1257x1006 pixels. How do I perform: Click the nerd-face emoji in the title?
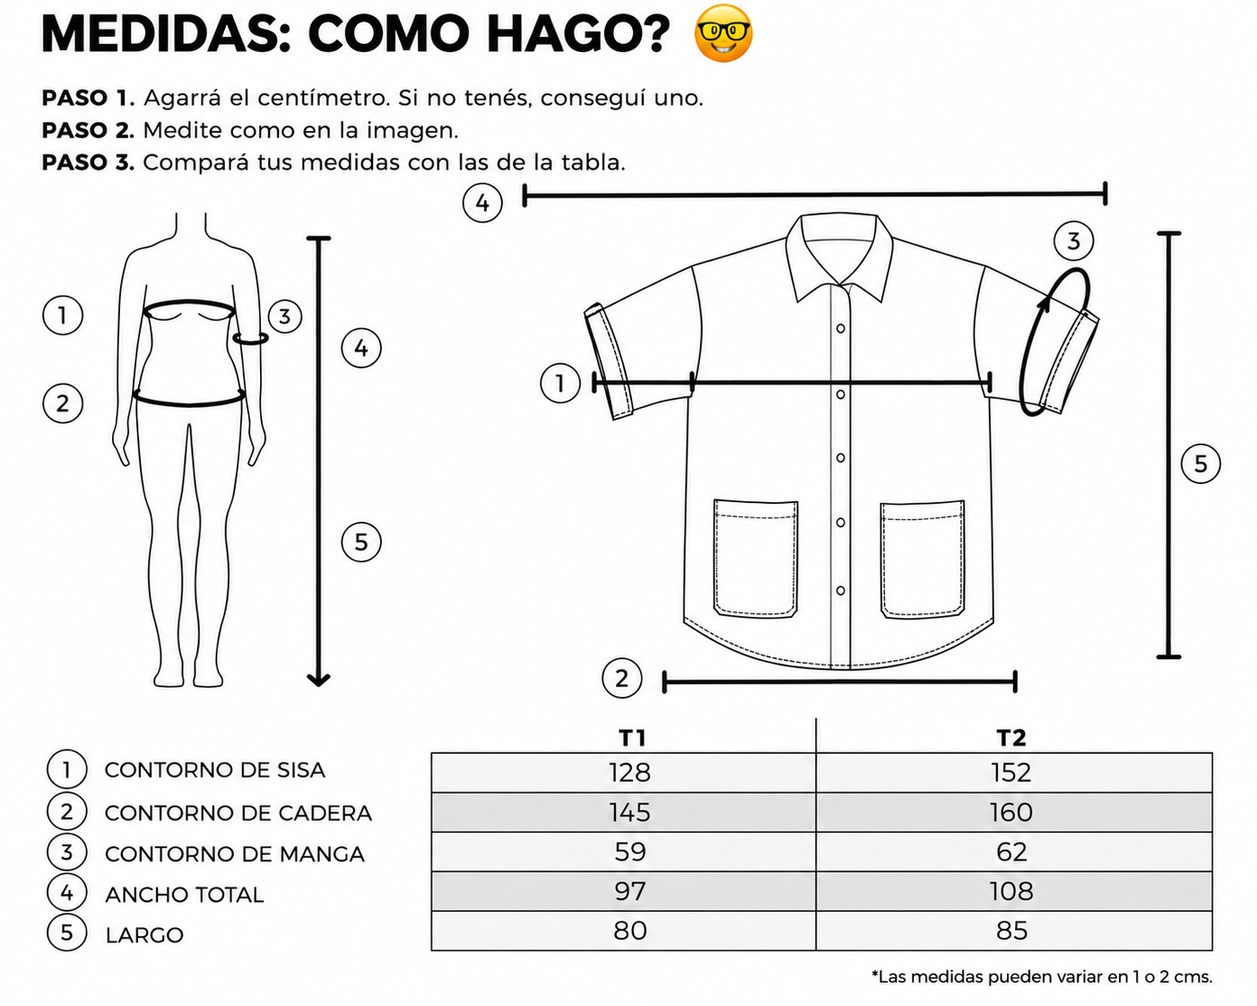pos(724,33)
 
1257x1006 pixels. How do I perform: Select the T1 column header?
pos(632,739)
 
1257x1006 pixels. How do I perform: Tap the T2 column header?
pos(1011,739)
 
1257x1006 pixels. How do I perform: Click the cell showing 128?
pos(629,773)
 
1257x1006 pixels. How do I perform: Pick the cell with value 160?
pos(1011,812)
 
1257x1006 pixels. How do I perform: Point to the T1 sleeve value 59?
pos(630,852)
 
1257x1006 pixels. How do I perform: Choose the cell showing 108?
pos(1011,891)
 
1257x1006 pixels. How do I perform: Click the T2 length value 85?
pos(1011,931)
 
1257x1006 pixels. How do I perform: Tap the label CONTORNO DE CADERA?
pos(238,813)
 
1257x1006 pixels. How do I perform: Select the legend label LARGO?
pos(144,935)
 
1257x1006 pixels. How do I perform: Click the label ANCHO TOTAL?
pos(185,895)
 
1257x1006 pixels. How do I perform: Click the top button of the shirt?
pos(840,328)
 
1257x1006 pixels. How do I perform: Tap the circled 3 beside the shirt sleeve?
pos(1073,241)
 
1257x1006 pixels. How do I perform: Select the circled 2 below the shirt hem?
pos(621,679)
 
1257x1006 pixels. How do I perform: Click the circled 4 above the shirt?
pos(481,204)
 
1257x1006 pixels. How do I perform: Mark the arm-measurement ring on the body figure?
pos(250,338)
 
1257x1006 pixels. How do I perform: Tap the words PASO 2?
pos(88,130)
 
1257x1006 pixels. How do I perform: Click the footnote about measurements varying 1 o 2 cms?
pos(1042,976)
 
